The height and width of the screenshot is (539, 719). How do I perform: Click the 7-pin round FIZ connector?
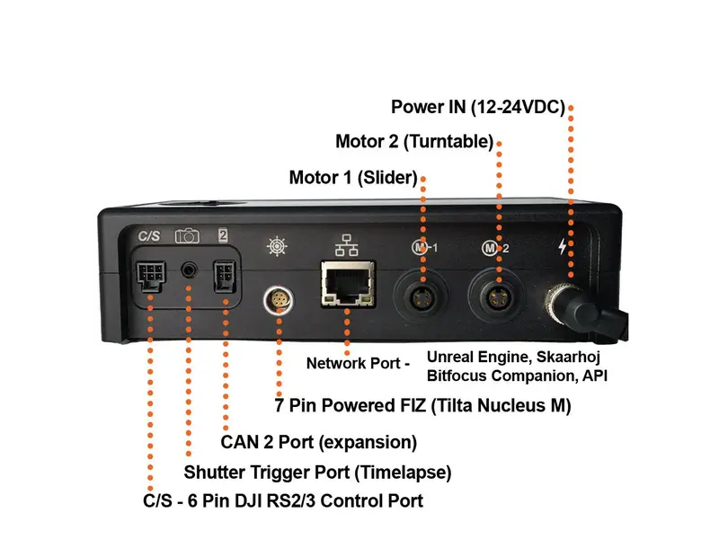pos(277,300)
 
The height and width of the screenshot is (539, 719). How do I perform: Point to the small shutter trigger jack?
pos(190,269)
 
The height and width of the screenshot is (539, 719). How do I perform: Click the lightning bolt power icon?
pos(563,246)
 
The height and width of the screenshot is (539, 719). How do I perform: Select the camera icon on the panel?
pos(187,235)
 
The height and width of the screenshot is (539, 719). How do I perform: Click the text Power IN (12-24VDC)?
pos(477,108)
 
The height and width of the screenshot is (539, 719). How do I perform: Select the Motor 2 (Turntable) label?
pos(414,142)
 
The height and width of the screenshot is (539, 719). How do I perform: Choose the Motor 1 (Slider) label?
pos(353,177)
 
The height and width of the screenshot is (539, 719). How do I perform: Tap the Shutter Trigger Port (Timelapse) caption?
pos(317,472)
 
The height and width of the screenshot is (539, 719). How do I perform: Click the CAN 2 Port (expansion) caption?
pos(319,443)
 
